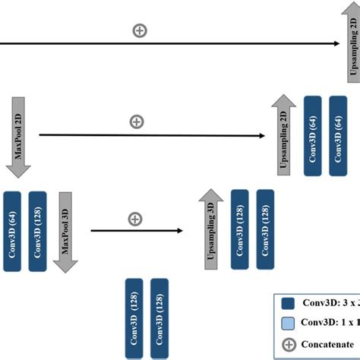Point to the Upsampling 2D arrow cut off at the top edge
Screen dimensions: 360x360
coord(352,46)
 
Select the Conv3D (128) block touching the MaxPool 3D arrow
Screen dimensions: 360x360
coord(38,231)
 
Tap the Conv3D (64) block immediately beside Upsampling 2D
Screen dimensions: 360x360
coord(313,136)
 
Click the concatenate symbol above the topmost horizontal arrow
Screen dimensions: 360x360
coord(140,30)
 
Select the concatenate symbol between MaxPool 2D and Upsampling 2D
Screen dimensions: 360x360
coord(137,122)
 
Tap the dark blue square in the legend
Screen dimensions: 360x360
coord(288,302)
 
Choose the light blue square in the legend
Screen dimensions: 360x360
coord(288,323)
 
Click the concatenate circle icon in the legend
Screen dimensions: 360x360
coord(288,343)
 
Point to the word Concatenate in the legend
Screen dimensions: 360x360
coord(328,343)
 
